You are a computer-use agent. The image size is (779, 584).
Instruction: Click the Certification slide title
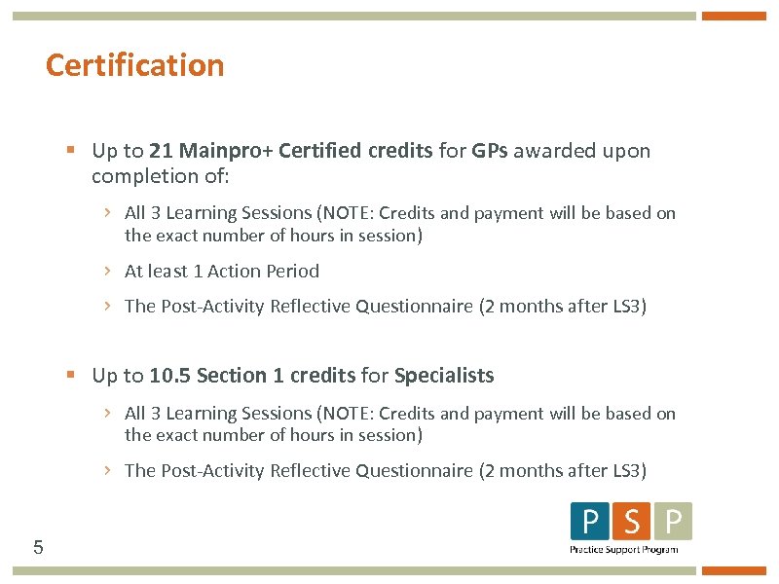point(134,65)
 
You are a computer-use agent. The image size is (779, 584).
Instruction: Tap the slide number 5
point(38,547)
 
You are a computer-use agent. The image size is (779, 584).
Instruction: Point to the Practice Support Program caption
point(623,550)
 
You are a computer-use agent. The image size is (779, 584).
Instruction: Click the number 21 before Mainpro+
point(162,151)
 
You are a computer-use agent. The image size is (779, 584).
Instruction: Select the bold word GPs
point(490,151)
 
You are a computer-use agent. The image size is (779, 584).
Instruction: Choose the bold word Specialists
point(444,376)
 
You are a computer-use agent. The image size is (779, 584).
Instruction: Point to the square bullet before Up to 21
point(71,151)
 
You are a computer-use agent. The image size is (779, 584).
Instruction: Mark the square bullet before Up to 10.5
point(71,375)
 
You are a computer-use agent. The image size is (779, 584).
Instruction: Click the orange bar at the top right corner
point(734,16)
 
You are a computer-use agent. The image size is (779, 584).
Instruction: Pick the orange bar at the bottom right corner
point(734,571)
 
